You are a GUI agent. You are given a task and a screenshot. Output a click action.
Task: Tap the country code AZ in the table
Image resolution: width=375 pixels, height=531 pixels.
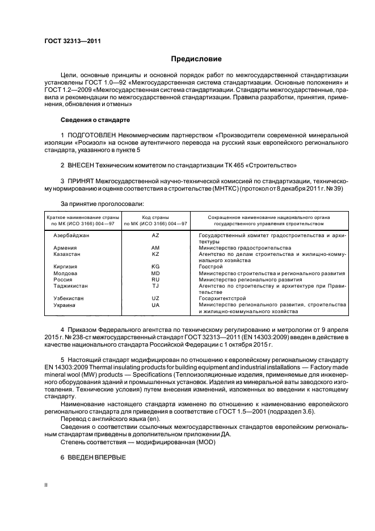pos(155,234)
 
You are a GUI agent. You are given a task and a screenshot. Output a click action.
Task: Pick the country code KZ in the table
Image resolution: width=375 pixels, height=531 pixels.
pos(155,254)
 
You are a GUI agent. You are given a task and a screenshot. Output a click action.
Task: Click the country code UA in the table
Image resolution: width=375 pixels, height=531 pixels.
pos(155,305)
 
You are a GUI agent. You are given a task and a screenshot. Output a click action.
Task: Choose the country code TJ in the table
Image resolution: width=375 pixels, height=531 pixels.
pos(155,286)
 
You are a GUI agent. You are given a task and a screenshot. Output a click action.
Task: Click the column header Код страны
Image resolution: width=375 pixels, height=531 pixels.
pos(155,217)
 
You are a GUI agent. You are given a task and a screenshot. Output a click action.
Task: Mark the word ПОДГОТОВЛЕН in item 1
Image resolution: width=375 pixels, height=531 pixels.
pos(92,136)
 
